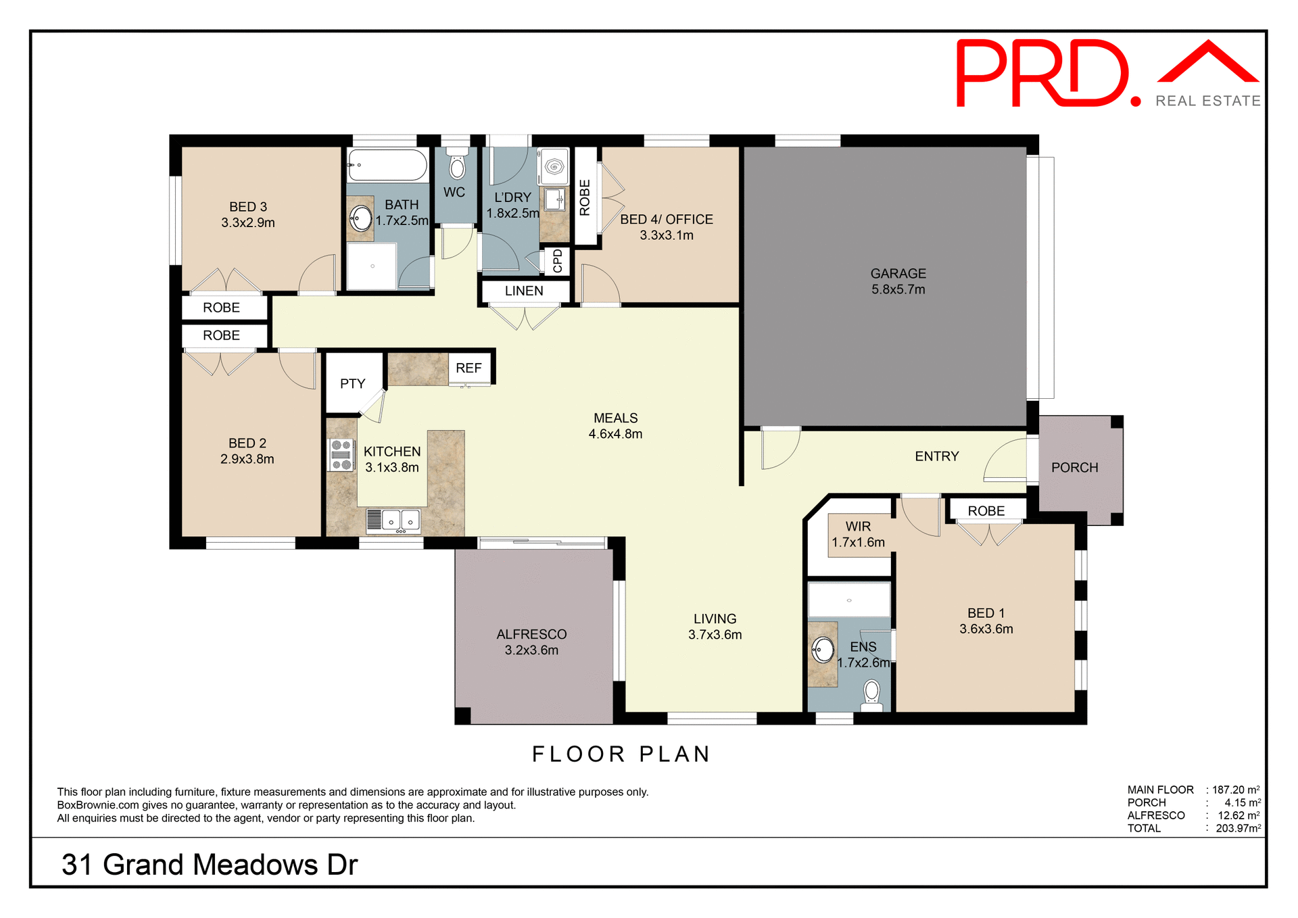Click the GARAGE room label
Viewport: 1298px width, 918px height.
pyautogui.click(x=898, y=274)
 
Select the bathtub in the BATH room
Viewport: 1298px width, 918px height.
pyautogui.click(x=387, y=165)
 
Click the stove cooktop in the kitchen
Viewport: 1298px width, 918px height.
pyautogui.click(x=341, y=455)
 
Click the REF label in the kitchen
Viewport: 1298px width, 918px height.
pyautogui.click(x=468, y=368)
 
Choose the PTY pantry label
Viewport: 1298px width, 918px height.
pyautogui.click(x=352, y=384)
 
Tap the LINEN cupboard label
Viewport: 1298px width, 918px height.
pyautogui.click(x=524, y=291)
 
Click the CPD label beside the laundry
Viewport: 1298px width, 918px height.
pyautogui.click(x=558, y=261)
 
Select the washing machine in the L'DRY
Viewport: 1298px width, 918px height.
pyautogui.click(x=554, y=166)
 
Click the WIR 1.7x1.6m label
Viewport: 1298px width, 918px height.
pyautogui.click(x=858, y=534)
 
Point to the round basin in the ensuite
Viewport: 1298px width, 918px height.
pyautogui.click(x=823, y=650)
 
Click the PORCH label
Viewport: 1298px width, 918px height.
pyautogui.click(x=1074, y=468)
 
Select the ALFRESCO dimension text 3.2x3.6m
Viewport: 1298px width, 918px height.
pyautogui.click(x=531, y=650)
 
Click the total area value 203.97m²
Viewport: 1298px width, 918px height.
pyautogui.click(x=1238, y=829)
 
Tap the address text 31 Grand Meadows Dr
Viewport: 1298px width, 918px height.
pyautogui.click(x=210, y=865)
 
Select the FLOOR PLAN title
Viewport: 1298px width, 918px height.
pyautogui.click(x=621, y=754)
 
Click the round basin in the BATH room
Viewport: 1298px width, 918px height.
pyautogui.click(x=361, y=218)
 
